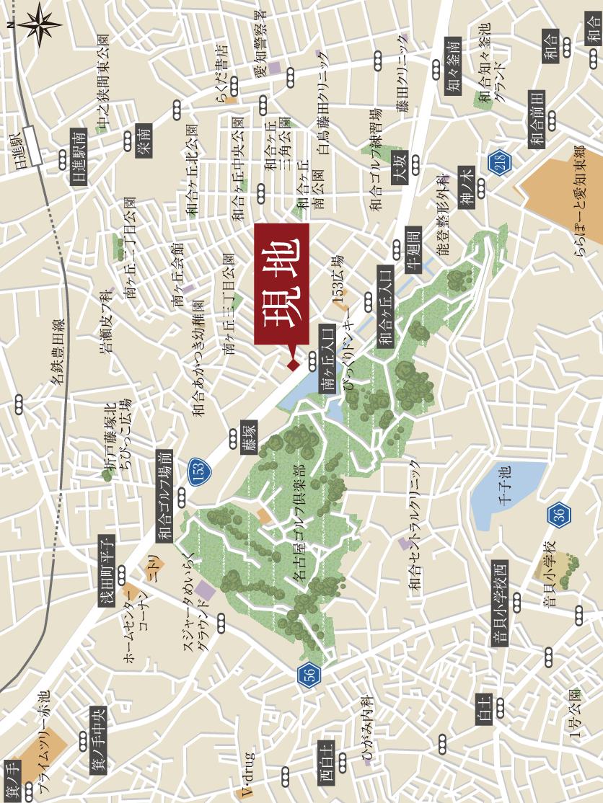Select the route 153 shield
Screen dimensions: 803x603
pyautogui.click(x=198, y=472)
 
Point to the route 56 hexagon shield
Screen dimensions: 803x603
pyautogui.click(x=307, y=675)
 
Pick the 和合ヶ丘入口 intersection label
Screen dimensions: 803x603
pyautogui.click(x=385, y=309)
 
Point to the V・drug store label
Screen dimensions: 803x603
pyautogui.click(x=247, y=775)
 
